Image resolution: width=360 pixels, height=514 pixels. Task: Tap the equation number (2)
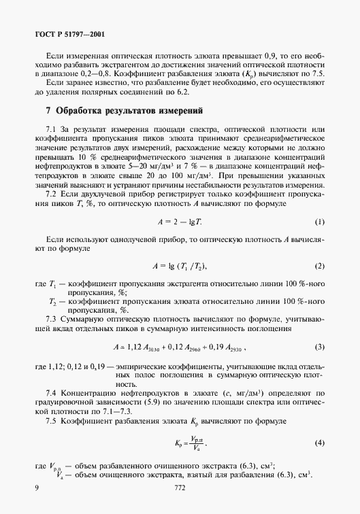[318, 265]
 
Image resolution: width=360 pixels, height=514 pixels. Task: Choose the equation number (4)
[318, 443]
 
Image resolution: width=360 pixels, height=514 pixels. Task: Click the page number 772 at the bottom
[180, 487]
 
